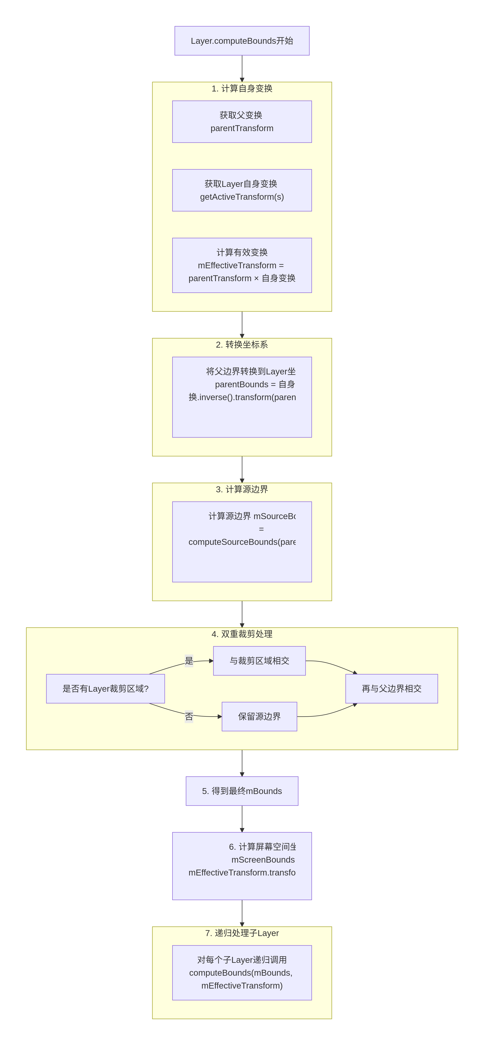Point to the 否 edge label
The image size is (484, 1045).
(189, 717)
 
